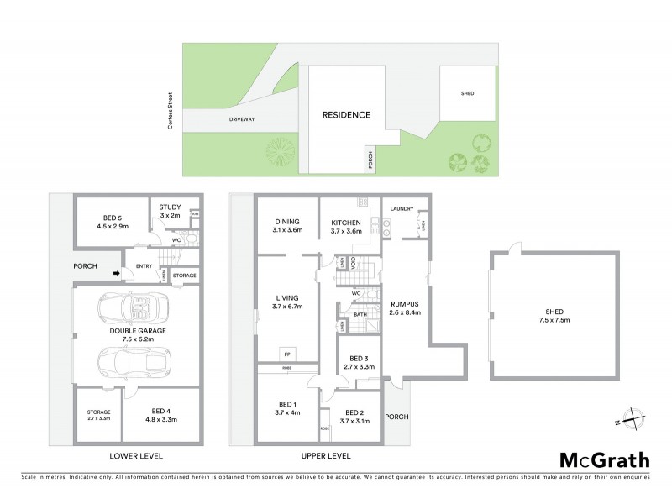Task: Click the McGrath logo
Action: tap(604, 459)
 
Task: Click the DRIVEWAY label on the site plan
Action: tap(241, 120)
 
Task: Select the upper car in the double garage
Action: tap(134, 309)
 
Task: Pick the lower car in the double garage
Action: tap(132, 362)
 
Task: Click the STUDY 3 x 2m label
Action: tap(171, 215)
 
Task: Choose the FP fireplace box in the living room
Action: tap(286, 353)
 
